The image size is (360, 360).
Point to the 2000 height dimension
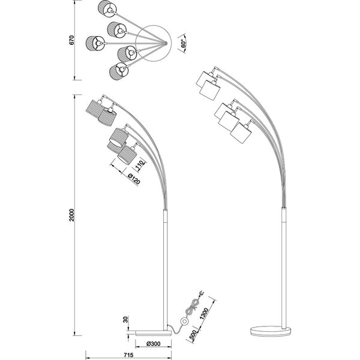[71, 216]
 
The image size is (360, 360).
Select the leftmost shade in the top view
[94, 43]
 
